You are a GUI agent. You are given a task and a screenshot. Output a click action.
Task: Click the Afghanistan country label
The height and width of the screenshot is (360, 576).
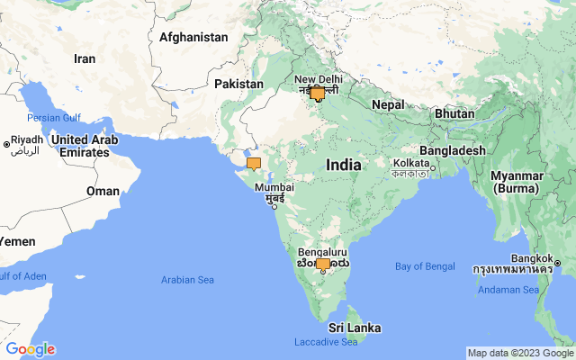point(193,37)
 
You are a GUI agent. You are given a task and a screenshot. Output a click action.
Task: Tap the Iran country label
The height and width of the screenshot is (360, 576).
point(85,58)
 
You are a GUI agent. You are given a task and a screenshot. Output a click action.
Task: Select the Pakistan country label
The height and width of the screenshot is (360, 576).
point(238,84)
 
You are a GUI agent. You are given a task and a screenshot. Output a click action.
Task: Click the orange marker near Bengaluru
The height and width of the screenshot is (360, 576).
point(322,265)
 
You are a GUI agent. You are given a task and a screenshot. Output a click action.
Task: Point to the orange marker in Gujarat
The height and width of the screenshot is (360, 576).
point(254,164)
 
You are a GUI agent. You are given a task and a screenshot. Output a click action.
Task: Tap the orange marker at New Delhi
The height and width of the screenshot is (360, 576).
point(317,94)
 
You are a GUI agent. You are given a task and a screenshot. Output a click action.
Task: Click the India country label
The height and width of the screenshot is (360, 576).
point(344,166)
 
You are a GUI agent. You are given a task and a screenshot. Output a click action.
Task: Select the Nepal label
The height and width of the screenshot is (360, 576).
point(388,104)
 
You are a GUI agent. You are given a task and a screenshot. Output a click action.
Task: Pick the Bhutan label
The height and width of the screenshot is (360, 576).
point(454,114)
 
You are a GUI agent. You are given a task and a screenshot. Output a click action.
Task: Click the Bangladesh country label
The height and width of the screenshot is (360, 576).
point(453,150)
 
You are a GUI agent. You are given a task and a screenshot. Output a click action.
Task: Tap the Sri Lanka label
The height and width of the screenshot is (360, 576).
point(354,327)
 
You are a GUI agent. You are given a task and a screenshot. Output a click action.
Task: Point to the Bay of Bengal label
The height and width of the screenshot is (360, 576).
point(425,266)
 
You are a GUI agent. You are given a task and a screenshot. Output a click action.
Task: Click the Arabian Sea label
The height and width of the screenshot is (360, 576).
point(187,280)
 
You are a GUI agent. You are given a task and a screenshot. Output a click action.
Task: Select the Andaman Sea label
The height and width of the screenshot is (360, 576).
point(509,289)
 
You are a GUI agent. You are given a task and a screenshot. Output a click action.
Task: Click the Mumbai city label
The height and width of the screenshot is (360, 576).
point(274,188)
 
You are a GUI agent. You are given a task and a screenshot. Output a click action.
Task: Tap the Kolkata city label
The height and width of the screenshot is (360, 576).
point(410,163)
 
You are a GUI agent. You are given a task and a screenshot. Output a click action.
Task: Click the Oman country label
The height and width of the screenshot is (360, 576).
point(103,191)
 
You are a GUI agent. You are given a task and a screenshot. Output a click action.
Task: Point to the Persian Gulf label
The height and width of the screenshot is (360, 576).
point(54,118)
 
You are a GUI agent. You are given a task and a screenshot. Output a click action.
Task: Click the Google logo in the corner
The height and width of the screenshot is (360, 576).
point(30,349)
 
